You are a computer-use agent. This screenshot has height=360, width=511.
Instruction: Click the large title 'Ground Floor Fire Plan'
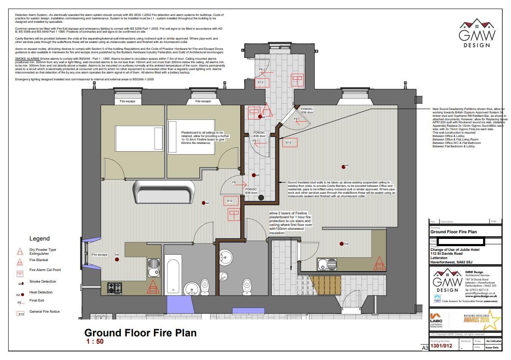pos(141,333)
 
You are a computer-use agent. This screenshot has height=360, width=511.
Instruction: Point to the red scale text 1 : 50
pos(95,342)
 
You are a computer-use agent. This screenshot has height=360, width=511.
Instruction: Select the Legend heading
pos(40,238)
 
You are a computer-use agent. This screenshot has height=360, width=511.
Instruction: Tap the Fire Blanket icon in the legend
pos(19,262)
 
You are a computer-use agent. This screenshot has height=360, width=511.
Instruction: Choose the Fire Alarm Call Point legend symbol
pos(19,273)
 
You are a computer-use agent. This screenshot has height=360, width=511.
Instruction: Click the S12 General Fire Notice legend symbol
pos(20,314)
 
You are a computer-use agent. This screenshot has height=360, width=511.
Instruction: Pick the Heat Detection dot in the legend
pos(22,295)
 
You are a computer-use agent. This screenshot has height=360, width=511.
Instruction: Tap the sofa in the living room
pos(162,192)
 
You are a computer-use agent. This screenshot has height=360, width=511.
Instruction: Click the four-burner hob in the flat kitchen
pos(114,287)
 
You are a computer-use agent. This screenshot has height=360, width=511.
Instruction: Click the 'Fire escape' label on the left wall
pos(99,255)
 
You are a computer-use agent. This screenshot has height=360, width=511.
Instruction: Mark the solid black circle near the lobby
pos(261,198)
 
